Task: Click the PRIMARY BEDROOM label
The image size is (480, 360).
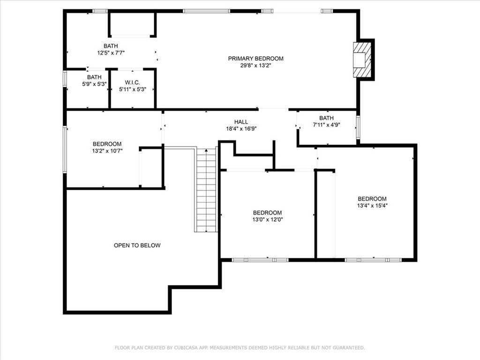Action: point(255,59)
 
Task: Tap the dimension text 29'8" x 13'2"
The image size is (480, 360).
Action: point(255,66)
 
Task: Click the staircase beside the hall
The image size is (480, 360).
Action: point(206,190)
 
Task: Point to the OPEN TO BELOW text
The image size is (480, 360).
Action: point(137,245)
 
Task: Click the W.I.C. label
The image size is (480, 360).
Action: point(132,82)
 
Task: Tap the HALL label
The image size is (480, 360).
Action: point(241,122)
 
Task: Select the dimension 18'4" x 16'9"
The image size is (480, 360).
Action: point(241,129)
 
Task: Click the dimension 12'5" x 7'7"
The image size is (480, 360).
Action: point(111,53)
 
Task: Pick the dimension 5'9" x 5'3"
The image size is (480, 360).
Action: point(94,84)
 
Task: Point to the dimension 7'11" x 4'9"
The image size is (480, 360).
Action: point(327,125)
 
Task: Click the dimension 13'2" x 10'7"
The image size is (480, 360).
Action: point(107,151)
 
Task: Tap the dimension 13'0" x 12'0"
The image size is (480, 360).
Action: point(267,219)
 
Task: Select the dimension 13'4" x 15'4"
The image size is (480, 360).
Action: point(372,206)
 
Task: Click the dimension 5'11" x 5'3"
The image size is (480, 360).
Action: point(133,90)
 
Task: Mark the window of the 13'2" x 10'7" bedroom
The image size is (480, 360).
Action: point(65,150)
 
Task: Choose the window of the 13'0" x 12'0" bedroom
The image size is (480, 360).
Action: point(260,260)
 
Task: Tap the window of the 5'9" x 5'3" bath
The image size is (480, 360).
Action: point(65,79)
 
